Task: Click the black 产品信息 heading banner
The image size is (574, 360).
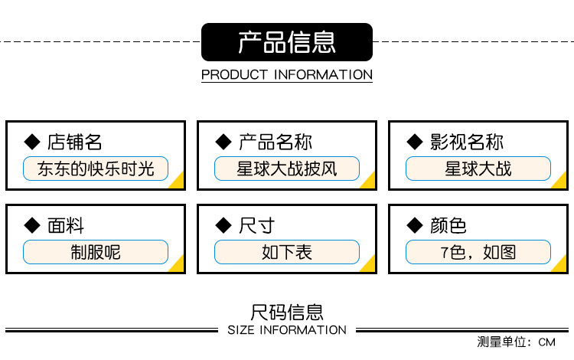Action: tap(286, 42)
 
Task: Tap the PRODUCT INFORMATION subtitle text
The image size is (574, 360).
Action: tap(286, 75)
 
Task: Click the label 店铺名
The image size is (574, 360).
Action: tap(74, 142)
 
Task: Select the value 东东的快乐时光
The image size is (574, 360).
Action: tap(96, 168)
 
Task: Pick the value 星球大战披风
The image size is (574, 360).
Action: tap(286, 168)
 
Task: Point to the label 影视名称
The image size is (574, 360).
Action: tap(466, 142)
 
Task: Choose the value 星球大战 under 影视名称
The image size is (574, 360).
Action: tap(478, 168)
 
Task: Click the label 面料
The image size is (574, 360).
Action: tap(66, 225)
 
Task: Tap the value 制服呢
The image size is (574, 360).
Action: tap(96, 251)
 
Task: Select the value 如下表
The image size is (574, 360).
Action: tap(286, 251)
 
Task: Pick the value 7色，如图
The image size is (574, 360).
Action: tap(478, 251)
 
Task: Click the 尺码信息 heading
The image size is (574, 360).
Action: tap(286, 312)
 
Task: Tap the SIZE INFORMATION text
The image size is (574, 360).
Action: tap(287, 330)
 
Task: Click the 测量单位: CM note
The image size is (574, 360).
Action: tap(515, 342)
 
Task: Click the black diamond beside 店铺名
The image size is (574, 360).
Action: tap(32, 142)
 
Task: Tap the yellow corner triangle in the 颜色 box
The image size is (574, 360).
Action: tap(561, 264)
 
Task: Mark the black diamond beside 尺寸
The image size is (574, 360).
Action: tap(223, 225)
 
